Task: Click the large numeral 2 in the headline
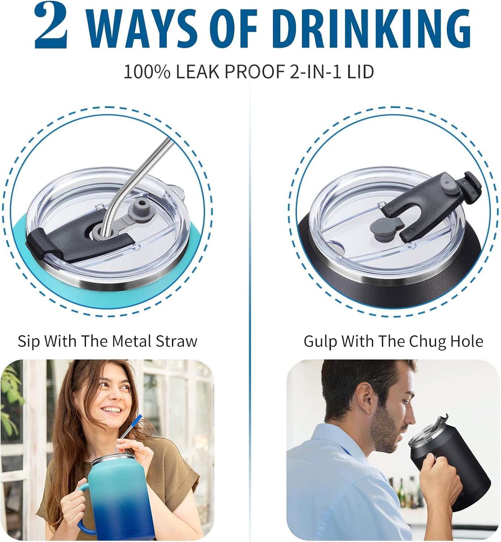point(51,26)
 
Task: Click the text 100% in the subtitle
point(147,72)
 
